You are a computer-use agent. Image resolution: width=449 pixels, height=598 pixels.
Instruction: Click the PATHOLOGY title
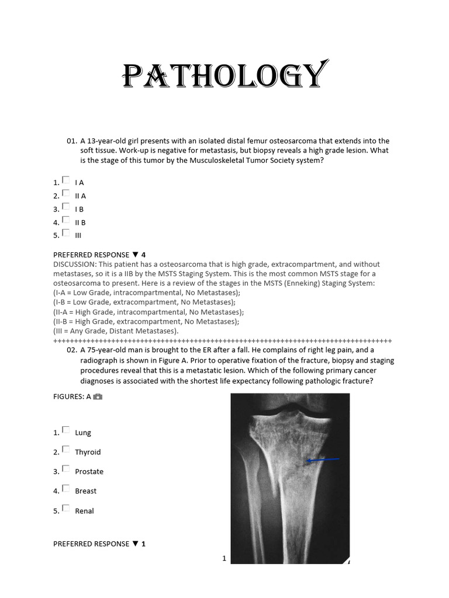224,76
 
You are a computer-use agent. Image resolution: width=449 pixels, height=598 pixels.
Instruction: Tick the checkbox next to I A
65,180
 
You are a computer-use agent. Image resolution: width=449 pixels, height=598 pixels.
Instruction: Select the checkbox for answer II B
65,220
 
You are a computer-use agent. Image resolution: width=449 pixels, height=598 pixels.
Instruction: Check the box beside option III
65,233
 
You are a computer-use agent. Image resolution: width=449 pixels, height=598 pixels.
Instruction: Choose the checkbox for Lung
65,430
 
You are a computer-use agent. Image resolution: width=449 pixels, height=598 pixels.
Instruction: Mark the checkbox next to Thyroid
65,450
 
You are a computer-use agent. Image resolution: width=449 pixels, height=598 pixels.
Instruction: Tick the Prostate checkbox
65,469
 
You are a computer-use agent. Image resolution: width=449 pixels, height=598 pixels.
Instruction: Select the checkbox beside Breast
65,489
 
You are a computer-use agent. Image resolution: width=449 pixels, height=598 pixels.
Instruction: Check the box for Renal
65,509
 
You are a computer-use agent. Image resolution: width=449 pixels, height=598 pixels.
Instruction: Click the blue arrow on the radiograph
323,461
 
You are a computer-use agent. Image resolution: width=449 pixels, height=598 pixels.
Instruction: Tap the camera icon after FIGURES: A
98,397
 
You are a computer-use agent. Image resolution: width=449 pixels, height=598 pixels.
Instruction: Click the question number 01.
72,141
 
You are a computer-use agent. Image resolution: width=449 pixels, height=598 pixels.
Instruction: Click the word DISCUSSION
74,265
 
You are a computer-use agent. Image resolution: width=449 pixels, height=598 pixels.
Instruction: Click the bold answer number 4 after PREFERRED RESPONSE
143,255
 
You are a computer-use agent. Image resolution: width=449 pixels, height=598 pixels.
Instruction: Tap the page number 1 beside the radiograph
224,558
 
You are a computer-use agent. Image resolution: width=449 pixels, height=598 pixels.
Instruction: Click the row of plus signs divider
222,340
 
